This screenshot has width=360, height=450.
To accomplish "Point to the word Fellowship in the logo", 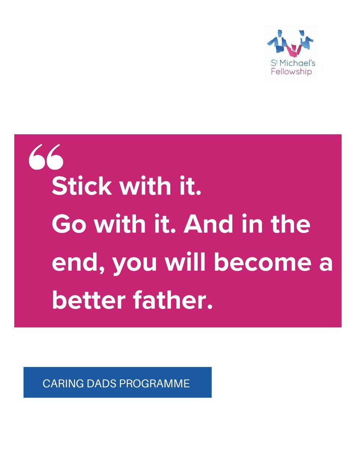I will click(x=291, y=72).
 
